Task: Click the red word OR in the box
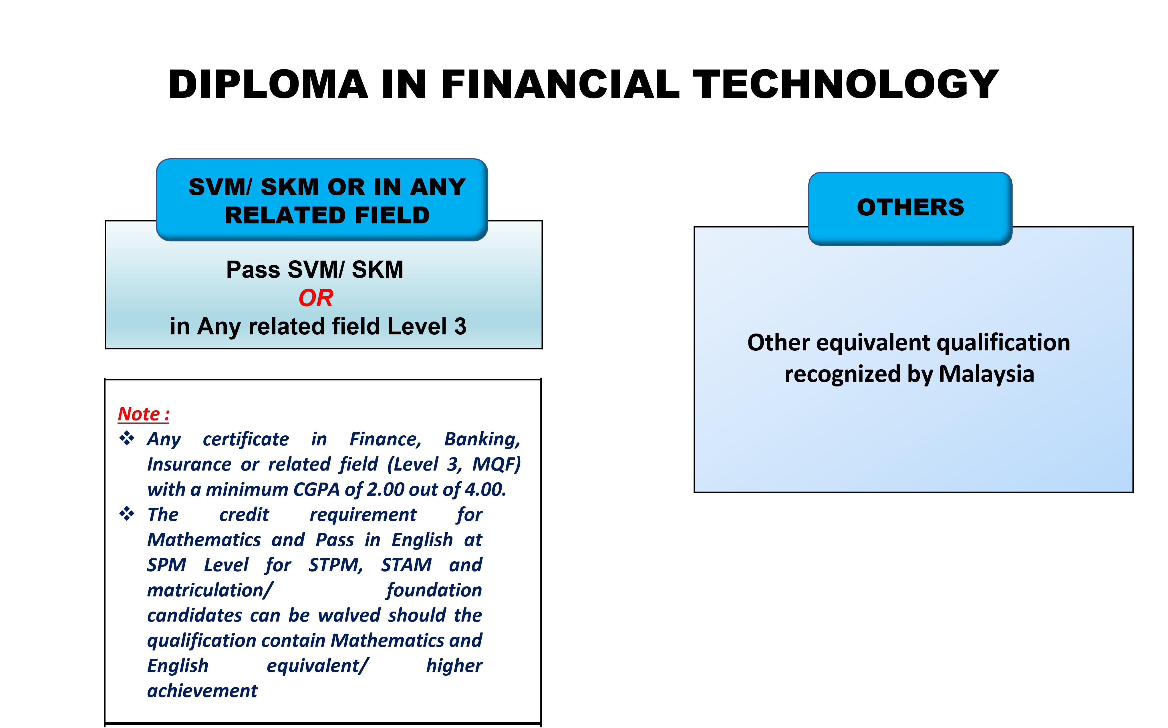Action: pos(316,298)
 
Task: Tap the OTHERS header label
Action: pos(910,207)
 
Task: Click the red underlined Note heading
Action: pos(143,414)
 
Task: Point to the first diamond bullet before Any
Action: pos(127,438)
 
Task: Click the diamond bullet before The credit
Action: pos(127,514)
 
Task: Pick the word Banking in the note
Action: pos(482,439)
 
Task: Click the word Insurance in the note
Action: pos(189,464)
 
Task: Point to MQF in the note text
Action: pos(496,464)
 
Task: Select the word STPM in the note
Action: pos(335,565)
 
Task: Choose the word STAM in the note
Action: pos(406,565)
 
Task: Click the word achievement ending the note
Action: pos(202,691)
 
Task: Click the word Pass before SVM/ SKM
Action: pos(253,270)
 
